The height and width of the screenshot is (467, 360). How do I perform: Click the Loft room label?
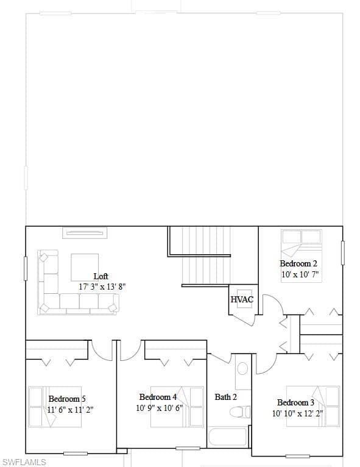point(101,276)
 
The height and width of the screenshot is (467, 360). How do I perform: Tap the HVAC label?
point(242,299)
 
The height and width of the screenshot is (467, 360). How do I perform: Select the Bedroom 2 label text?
point(298,263)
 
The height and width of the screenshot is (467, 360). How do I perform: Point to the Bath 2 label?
point(226,397)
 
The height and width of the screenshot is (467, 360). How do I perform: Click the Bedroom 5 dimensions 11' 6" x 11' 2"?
point(70,410)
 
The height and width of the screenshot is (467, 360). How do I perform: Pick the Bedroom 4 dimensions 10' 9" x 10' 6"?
point(159,408)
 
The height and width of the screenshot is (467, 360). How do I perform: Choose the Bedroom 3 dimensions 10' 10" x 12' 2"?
point(297,413)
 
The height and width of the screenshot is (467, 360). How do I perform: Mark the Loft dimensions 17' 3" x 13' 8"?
point(102,287)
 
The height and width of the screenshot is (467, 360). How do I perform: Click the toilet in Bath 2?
point(240,412)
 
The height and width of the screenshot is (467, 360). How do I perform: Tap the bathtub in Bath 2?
point(228,437)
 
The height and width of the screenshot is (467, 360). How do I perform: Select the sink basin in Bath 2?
point(243,369)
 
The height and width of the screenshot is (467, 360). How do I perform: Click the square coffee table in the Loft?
point(85,267)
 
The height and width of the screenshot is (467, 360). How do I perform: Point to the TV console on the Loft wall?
point(85,233)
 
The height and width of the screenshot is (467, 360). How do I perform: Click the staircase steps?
point(206,255)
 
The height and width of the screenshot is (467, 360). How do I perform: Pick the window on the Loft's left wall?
point(26,268)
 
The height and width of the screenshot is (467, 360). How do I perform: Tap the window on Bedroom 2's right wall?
point(343,253)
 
